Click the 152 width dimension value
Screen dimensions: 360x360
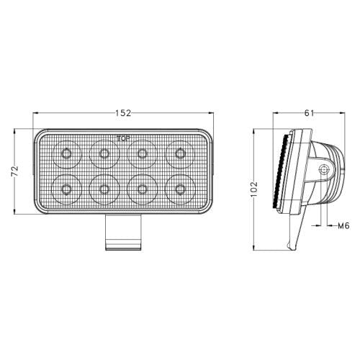[x=122, y=113]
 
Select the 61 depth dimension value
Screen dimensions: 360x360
[x=308, y=114]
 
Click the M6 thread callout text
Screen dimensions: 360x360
[x=344, y=225]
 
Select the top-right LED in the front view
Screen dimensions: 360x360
[x=179, y=153]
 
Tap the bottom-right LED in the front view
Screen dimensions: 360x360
[x=179, y=189]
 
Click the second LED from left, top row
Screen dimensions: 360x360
[x=104, y=153]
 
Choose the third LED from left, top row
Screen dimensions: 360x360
[x=142, y=153]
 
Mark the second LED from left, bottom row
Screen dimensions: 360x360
[x=104, y=189]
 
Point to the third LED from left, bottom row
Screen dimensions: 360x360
[x=142, y=189]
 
